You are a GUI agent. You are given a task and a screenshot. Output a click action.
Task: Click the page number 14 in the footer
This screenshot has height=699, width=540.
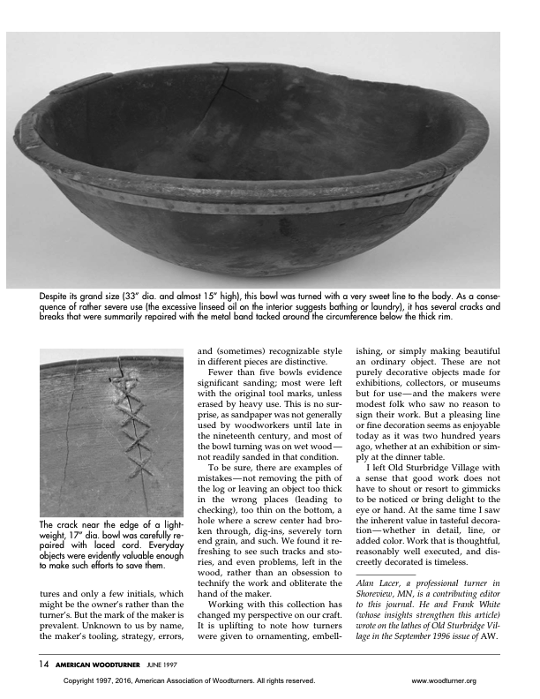pos(43,663)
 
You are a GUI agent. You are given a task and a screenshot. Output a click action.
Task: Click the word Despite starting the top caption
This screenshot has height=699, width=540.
pos(56,296)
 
